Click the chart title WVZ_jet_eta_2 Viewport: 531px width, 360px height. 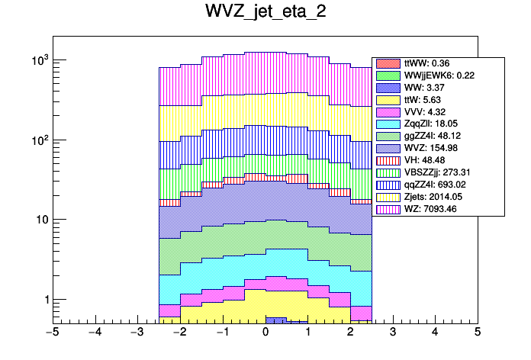[x=265, y=13]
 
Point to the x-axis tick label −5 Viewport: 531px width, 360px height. [x=53, y=333]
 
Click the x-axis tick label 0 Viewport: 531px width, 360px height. [x=265, y=333]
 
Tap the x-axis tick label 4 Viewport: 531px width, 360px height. [x=435, y=333]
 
